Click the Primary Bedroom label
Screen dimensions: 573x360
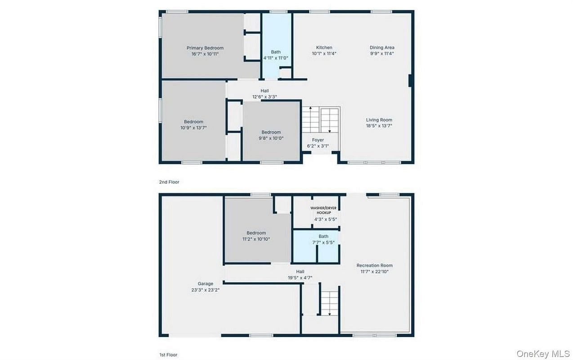click(205, 48)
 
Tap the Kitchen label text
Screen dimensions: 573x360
click(324, 47)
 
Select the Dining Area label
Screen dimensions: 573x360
click(382, 47)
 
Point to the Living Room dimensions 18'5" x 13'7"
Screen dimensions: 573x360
click(379, 126)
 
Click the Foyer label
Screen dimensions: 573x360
click(318, 140)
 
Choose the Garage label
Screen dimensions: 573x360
click(206, 283)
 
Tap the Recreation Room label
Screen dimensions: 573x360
click(375, 265)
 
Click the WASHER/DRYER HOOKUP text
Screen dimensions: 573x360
click(323, 210)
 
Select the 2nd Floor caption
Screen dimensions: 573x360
click(169, 182)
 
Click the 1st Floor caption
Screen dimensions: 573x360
click(168, 355)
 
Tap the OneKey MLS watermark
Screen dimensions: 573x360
click(543, 354)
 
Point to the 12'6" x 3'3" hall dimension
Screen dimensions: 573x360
click(265, 97)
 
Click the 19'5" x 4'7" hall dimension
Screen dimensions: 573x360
click(300, 278)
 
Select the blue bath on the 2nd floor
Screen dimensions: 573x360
click(276, 46)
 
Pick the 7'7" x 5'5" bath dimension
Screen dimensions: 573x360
click(323, 242)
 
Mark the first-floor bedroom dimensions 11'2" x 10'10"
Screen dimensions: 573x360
click(256, 239)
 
